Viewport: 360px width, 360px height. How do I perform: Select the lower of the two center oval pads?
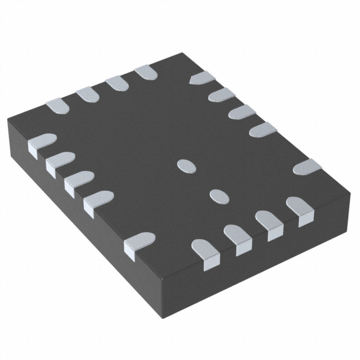(219, 195)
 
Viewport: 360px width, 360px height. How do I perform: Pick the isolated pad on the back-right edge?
(307, 167)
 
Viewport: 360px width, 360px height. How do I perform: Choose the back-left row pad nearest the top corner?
(146, 71)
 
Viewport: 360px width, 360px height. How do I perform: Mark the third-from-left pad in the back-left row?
(117, 83)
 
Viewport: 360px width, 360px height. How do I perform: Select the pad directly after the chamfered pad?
(221, 94)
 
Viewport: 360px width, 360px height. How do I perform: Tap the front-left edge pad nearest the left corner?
(40, 142)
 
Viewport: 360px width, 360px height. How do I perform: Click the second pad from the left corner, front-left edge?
(59, 161)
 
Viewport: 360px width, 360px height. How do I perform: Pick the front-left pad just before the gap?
(97, 200)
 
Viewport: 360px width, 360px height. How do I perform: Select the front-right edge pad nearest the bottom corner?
(205, 250)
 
